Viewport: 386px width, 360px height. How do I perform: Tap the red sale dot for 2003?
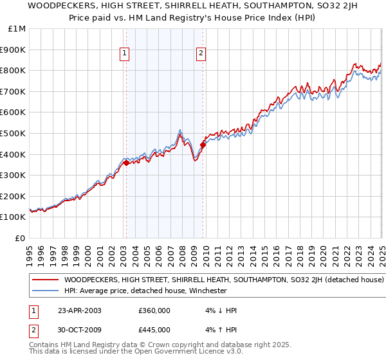(127, 163)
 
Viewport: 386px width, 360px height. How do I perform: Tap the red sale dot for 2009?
(203, 145)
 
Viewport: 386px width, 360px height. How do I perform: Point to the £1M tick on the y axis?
(17, 29)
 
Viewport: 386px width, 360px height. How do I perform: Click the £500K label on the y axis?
(14, 134)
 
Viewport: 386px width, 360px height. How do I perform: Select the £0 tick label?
(21, 238)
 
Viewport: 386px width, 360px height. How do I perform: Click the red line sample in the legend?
(45, 280)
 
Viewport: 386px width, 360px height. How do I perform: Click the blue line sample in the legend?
(45, 291)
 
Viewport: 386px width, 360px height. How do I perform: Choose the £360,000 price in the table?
(154, 310)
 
